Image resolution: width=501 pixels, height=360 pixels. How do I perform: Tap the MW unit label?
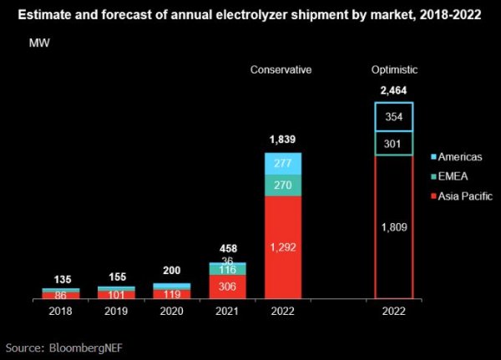40,42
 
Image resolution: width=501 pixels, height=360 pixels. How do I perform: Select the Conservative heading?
281,69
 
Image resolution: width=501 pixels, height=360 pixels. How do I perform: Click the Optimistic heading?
394,69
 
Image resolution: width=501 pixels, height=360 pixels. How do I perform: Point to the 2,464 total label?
394,90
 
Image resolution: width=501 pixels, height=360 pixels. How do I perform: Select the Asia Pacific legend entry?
463,196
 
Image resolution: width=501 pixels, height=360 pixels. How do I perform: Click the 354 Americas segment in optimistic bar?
394,117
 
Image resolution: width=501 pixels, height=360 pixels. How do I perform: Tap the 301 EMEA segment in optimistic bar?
394,144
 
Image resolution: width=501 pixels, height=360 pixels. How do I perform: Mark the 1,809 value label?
394,226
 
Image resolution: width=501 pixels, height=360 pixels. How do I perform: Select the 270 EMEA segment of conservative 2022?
283,185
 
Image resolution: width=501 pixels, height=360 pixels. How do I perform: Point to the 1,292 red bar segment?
283,247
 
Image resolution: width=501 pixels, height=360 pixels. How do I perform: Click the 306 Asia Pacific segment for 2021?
227,286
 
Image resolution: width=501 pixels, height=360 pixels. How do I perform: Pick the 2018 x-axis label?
61,311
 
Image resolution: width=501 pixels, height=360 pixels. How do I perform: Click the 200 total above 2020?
172,272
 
